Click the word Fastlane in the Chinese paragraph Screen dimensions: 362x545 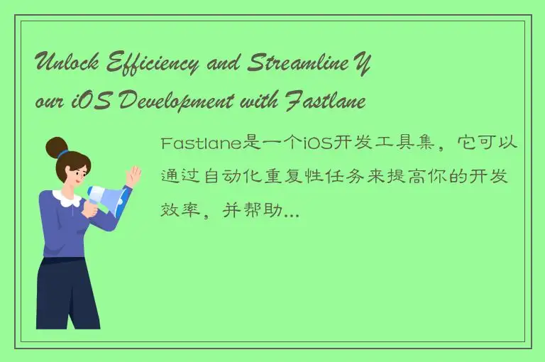coord(202,144)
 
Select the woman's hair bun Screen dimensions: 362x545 coord(56,146)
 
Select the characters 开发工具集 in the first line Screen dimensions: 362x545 coord(379,144)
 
